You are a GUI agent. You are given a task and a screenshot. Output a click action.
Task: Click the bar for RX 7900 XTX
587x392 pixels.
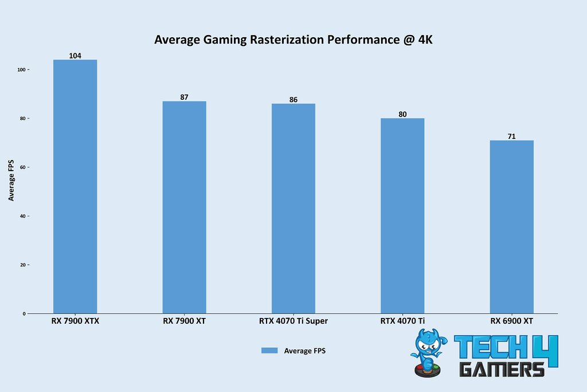coord(75,187)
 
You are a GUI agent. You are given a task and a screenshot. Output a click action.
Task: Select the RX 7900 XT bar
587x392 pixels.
coord(184,207)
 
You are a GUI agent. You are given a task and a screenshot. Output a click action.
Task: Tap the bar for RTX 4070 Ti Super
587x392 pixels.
coord(293,208)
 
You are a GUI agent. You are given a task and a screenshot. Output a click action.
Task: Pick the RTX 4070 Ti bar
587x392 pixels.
coord(402,216)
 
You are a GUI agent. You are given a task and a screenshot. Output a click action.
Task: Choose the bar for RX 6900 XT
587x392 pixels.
coord(511,227)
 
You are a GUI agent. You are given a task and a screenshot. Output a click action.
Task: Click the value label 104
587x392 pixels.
coord(75,56)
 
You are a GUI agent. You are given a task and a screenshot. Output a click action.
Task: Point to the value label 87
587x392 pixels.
coord(184,97)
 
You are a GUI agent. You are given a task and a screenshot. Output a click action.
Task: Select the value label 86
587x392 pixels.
coord(293,99)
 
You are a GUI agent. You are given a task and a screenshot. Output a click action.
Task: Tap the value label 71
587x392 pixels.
coord(511,136)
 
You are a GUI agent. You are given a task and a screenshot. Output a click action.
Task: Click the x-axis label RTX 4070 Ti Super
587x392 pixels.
coord(293,321)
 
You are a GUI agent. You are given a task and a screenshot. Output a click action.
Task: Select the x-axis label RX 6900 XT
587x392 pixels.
coord(511,321)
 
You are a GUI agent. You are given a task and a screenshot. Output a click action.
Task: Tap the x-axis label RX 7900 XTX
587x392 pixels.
coord(75,321)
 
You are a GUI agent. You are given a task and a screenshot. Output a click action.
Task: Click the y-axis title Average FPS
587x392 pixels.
coord(11,180)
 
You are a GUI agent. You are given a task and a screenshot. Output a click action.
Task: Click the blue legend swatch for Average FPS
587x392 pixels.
coord(269,350)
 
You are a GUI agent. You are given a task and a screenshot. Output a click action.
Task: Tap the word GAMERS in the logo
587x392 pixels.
coord(502,368)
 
